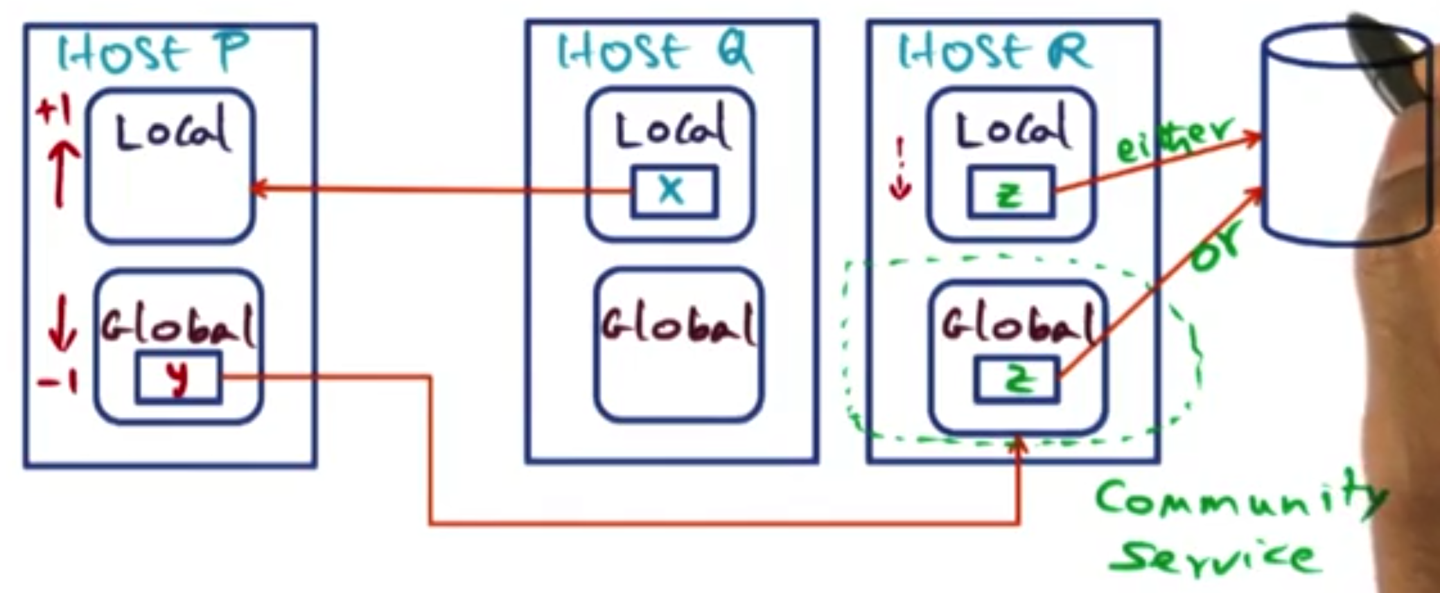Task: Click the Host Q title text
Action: click(655, 52)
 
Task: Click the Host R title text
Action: click(994, 52)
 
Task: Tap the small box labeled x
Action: click(674, 191)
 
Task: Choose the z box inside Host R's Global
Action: click(1017, 379)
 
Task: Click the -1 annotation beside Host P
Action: click(58, 382)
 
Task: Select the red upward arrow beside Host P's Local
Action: click(61, 173)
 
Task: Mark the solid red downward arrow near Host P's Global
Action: click(62, 323)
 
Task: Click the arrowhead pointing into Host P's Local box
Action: click(257, 188)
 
